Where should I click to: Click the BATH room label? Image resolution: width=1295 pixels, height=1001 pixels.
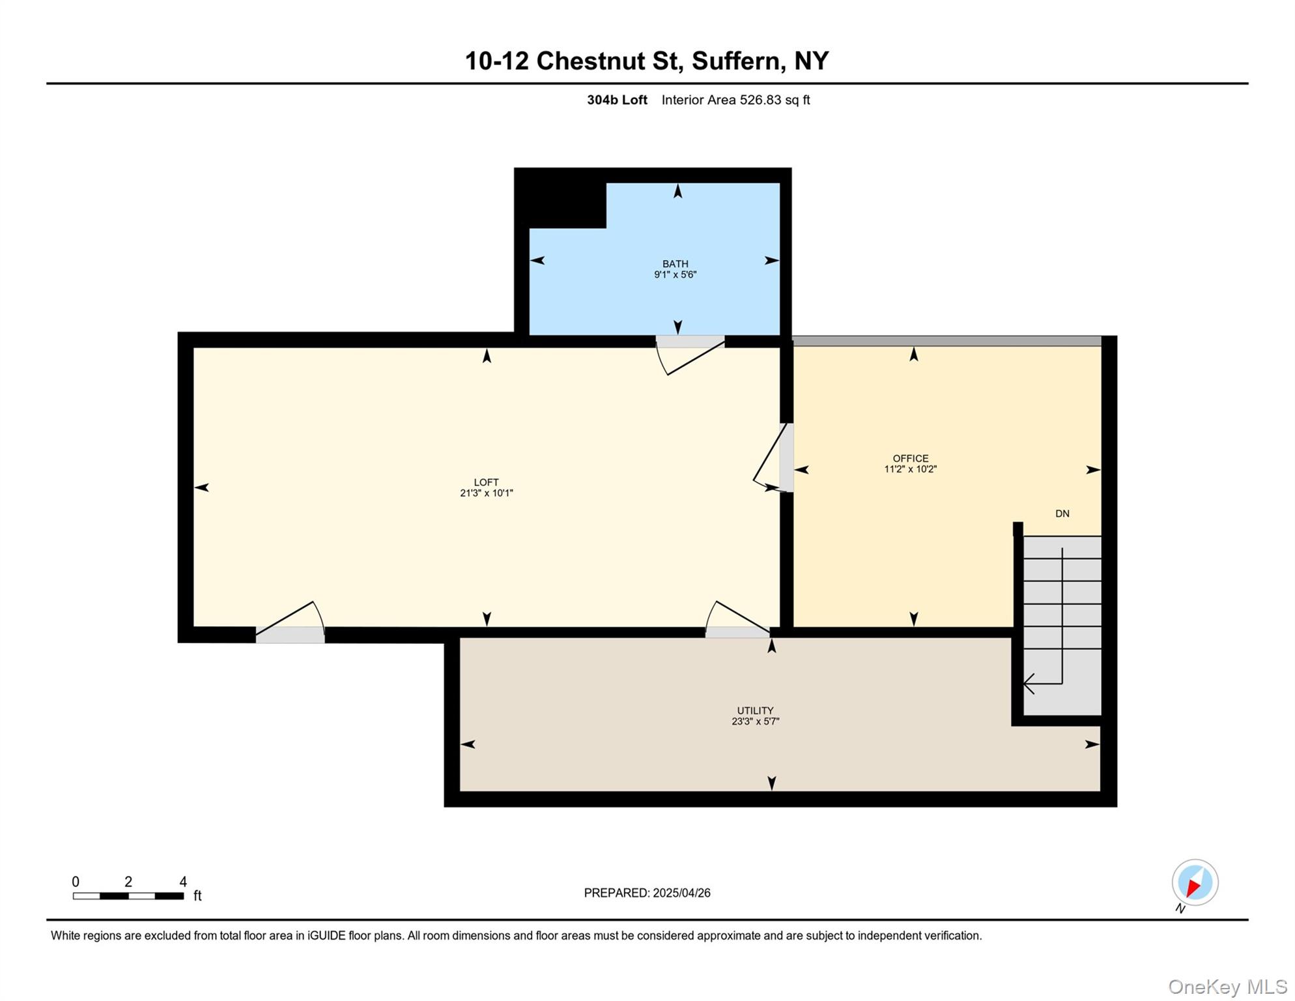[x=675, y=264]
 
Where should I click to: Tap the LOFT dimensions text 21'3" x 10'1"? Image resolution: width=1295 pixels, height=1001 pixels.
[x=486, y=493]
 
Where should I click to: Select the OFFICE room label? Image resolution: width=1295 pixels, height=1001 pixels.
[x=910, y=458]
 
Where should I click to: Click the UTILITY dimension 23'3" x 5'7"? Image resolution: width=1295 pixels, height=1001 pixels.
[x=755, y=721]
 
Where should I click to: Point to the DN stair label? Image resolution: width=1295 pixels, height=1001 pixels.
[x=1062, y=514]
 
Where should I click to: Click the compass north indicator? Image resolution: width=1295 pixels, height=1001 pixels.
[x=1194, y=882]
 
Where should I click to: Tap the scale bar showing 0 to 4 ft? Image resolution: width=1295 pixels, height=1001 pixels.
[x=128, y=896]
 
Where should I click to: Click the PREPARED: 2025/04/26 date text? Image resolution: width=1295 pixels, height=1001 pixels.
[x=647, y=893]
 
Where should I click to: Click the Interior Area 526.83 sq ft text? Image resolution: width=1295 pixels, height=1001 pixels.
[x=735, y=100]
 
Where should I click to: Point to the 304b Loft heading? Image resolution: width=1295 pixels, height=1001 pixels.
[x=617, y=100]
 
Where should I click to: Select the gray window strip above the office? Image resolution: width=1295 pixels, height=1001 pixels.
[x=946, y=341]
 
